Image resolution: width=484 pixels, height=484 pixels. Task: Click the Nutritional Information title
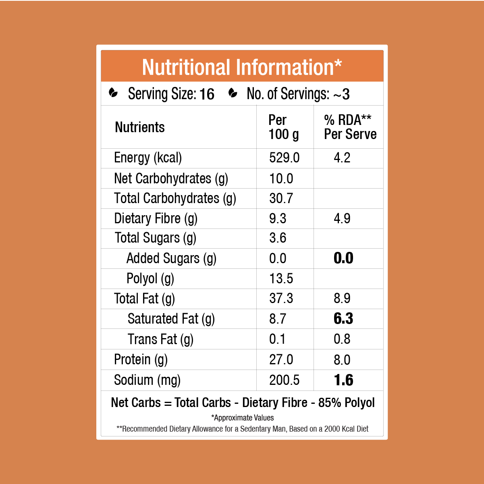[242, 67]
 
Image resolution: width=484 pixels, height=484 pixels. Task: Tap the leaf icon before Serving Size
[114, 93]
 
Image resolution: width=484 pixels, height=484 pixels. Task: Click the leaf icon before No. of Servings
[233, 93]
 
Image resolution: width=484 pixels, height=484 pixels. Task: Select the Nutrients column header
[140, 127]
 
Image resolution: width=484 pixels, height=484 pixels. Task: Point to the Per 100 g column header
[284, 127]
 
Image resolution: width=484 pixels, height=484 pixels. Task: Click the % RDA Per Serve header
[350, 127]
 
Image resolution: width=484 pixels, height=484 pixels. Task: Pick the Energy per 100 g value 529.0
[284, 158]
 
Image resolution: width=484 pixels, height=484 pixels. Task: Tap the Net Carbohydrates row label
[171, 179]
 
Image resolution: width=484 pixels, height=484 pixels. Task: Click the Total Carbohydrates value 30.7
[281, 198]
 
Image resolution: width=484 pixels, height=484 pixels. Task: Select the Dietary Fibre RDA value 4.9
[342, 218]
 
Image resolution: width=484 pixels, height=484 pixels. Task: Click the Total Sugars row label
[155, 238]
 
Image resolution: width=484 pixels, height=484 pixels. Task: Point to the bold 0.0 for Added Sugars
[343, 258]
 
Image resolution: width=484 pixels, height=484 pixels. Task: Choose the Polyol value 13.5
[281, 278]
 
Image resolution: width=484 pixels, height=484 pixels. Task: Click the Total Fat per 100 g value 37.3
[281, 299]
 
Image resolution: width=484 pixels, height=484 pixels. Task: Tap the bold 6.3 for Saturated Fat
[343, 319]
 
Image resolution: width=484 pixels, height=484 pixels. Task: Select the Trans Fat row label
[160, 339]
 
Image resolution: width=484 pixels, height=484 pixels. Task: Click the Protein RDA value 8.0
[342, 360]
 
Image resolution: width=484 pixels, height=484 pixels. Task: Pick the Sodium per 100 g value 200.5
[284, 380]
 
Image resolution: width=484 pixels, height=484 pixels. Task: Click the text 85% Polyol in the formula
[346, 403]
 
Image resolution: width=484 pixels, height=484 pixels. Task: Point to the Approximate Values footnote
[242, 418]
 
